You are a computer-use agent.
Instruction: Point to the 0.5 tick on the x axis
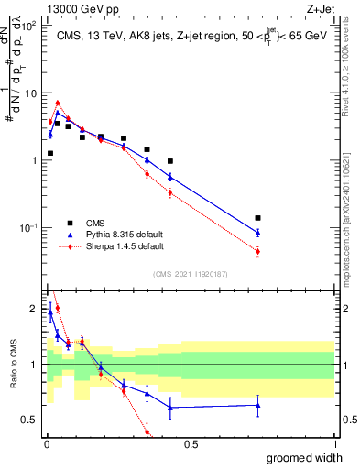tap(191, 444)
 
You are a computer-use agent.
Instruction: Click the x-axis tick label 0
tap(46, 444)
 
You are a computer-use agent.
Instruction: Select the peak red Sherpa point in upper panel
tap(57, 103)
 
